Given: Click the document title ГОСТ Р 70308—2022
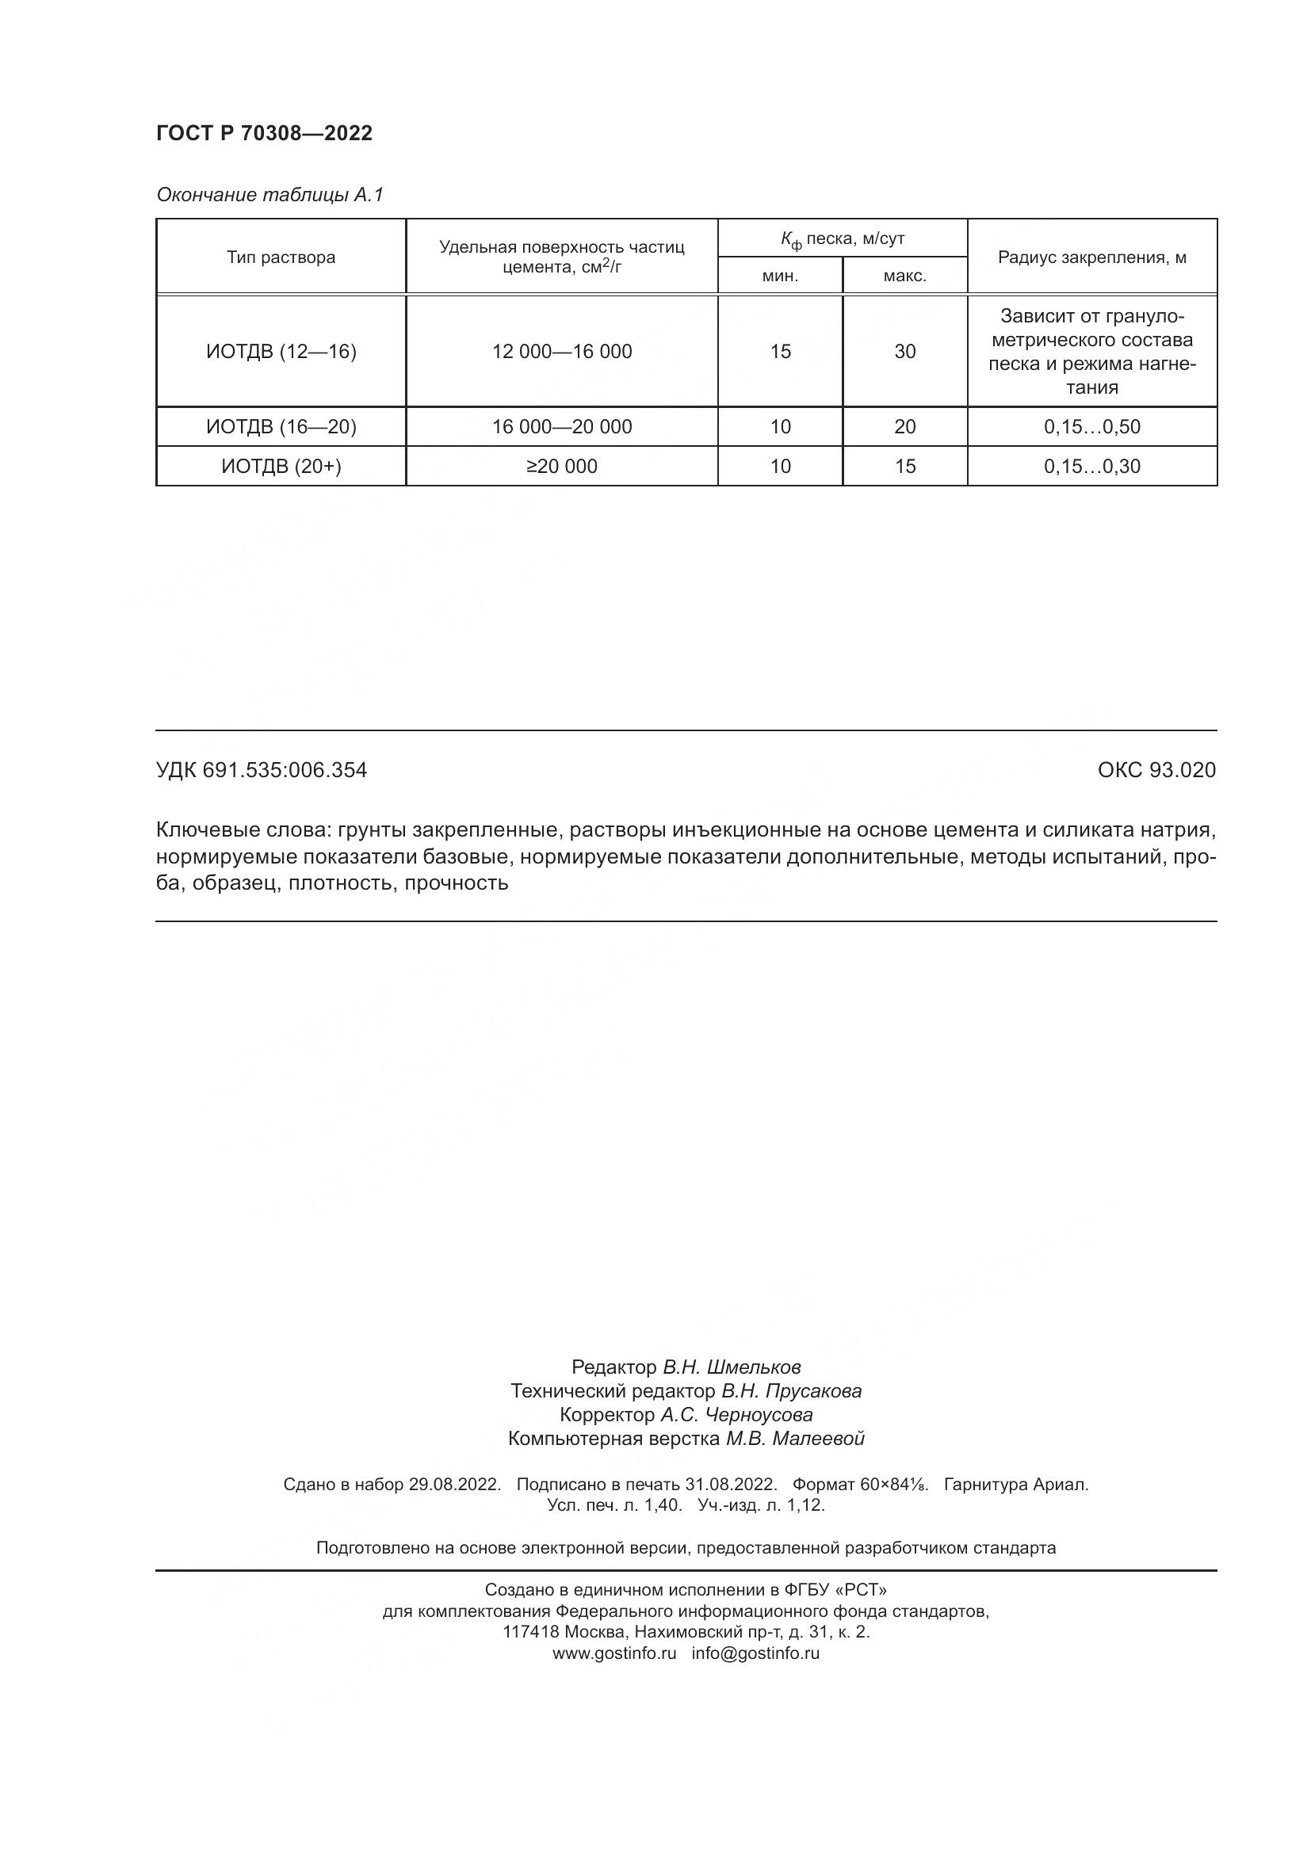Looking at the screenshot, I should pyautogui.click(x=264, y=133).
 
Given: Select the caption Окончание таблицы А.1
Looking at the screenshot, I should pyautogui.click(x=269, y=195).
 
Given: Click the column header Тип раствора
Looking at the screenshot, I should pyautogui.click(x=280, y=257).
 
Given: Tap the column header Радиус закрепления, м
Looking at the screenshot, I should pyautogui.click(x=1091, y=257).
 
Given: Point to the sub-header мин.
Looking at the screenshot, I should pyautogui.click(x=780, y=276).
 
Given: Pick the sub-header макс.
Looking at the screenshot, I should pyautogui.click(x=904, y=276).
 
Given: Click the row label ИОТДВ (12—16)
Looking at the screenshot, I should pyautogui.click(x=281, y=351).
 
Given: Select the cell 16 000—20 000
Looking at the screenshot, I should pyautogui.click(x=562, y=426).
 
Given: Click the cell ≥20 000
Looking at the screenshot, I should pyautogui.click(x=562, y=466).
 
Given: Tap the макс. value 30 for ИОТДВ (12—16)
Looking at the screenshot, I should pyautogui.click(x=905, y=351).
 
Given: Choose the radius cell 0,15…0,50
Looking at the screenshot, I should pyautogui.click(x=1091, y=426).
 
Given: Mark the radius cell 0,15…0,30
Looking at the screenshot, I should pyautogui.click(x=1091, y=466).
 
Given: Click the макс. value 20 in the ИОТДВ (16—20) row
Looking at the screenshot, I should pyautogui.click(x=905, y=426).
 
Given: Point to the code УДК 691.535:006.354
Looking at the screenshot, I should pyautogui.click(x=262, y=770).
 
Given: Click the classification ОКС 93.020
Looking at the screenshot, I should pyautogui.click(x=1156, y=770).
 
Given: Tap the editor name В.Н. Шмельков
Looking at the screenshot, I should pyautogui.click(x=732, y=1367).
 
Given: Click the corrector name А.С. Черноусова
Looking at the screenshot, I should pyautogui.click(x=736, y=1414).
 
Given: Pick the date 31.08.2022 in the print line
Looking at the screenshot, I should pyautogui.click(x=730, y=1484).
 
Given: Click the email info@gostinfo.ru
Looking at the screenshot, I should pyautogui.click(x=755, y=1652).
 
